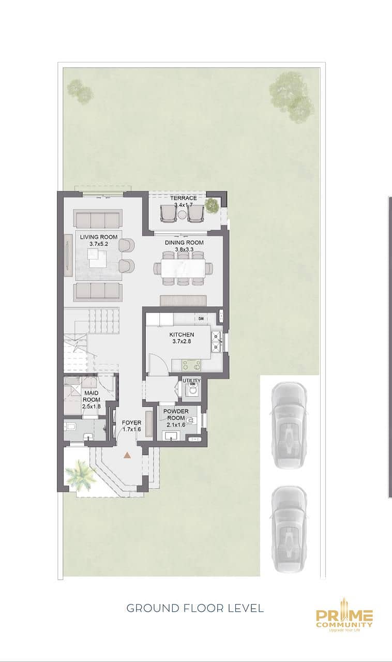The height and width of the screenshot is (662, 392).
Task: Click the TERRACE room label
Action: click(183, 198)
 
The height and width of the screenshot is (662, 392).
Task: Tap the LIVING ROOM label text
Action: click(99, 237)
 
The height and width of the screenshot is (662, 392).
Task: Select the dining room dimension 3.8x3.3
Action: click(184, 249)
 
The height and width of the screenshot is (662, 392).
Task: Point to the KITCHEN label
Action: click(182, 335)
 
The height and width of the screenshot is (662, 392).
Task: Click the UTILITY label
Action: click(191, 381)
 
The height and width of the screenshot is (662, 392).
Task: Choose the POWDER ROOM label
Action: click(176, 415)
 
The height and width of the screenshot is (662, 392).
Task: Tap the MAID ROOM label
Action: click(92, 396)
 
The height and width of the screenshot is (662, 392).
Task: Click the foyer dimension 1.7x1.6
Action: click(131, 429)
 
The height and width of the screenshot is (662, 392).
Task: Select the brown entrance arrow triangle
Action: click(127, 455)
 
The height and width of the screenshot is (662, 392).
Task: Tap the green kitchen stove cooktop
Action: click(191, 365)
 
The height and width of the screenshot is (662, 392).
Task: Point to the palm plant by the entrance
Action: click(80, 472)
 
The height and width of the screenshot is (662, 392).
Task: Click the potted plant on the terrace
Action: click(212, 205)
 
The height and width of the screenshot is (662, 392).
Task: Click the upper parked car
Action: click(289, 426)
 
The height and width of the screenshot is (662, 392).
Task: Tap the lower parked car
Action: click(289, 529)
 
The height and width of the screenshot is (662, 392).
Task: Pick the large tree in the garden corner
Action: click(291, 96)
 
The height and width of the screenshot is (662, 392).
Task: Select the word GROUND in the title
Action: click(153, 608)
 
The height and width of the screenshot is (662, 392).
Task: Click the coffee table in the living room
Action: click(98, 258)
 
